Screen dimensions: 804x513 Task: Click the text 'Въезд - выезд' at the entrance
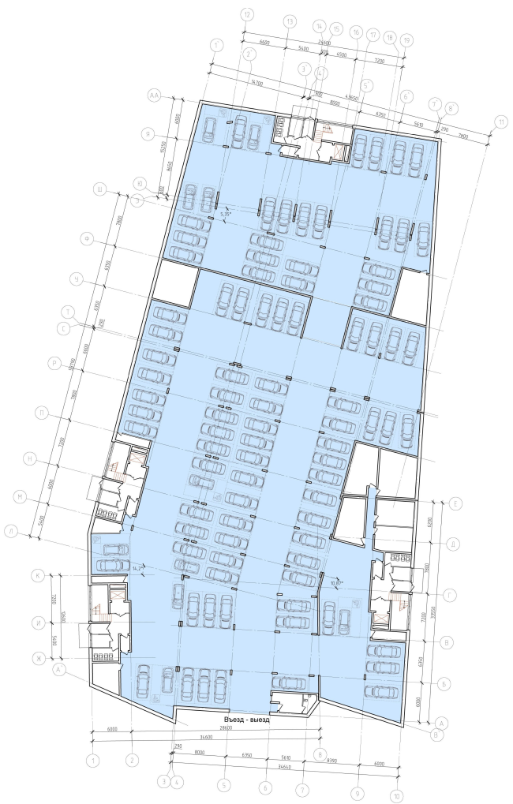tap(246, 720)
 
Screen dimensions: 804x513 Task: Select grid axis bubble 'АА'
tap(155, 95)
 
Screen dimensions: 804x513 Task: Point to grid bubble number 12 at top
tap(247, 14)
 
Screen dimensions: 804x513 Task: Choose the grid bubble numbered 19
tap(406, 39)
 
